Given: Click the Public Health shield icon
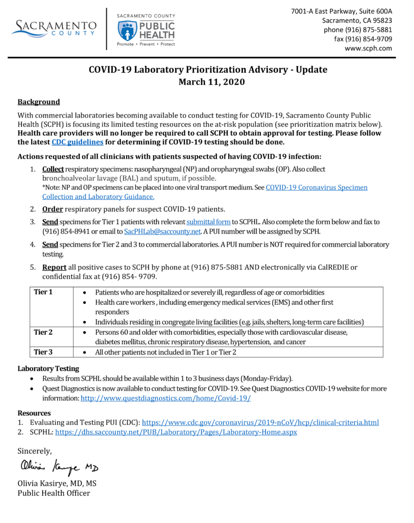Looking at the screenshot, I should pos(127,31).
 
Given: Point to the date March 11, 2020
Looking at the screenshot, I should pos(208,81).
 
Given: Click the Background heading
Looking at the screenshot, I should pos(39,102).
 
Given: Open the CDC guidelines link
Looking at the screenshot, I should pos(78,142).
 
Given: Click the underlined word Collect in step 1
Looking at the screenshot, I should pos(53,169).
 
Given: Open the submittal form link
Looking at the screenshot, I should pos(208,222).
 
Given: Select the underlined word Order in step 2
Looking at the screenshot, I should pos(52,209).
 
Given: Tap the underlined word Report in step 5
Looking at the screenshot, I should pos(54,267).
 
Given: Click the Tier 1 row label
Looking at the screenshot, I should pos(43,292).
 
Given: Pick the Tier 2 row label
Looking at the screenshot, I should pos(43,332).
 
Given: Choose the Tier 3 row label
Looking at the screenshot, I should pos(43,352).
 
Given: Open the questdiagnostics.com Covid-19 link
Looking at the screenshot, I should pos(165,398).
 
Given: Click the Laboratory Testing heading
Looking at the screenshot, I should pos(48,368).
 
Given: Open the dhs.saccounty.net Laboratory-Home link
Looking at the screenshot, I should pos(176,432).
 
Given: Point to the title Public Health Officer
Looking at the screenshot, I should pos(54,493).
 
